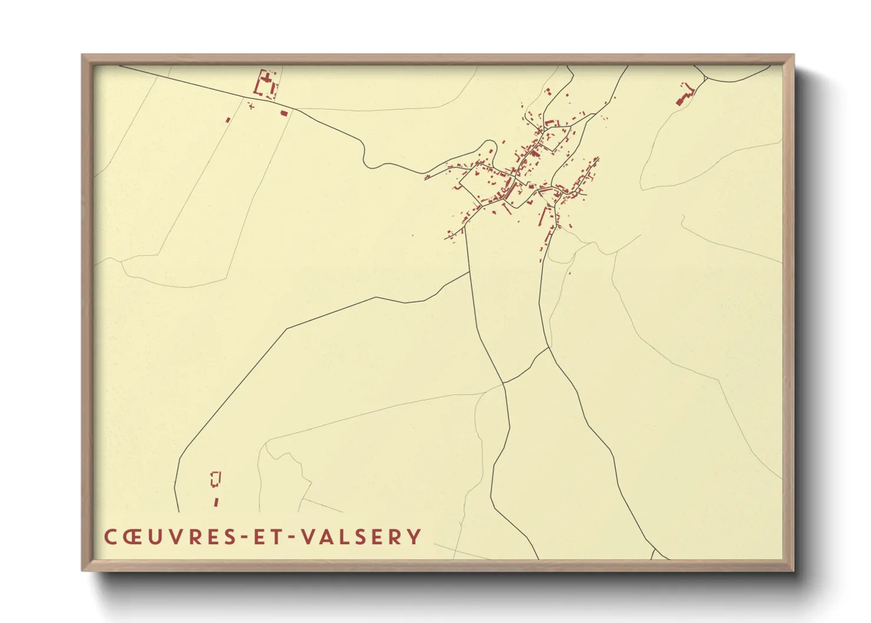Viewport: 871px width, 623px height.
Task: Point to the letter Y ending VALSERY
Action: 414,536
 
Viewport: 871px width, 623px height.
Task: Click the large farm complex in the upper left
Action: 265,84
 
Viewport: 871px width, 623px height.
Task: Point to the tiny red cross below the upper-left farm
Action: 251,106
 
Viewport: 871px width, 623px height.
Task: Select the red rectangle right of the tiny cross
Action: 284,112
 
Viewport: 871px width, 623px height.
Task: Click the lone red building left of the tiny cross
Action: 228,120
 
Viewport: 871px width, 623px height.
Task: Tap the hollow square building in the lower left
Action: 215,479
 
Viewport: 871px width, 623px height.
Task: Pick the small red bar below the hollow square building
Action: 216,502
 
